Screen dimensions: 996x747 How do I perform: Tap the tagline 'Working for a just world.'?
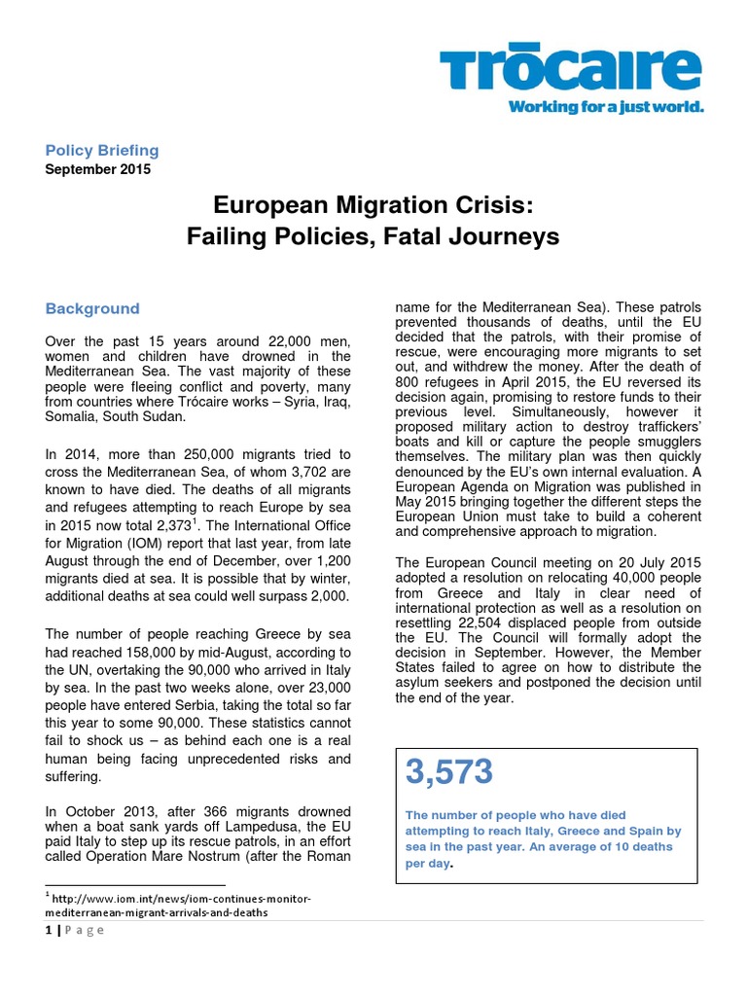tap(605, 107)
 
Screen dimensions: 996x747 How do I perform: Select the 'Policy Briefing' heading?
tap(102, 150)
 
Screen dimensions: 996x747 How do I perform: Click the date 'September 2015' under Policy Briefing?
tap(98, 168)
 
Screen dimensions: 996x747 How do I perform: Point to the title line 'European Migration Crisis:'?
tap(373, 205)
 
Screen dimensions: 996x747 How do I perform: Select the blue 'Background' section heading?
tap(92, 308)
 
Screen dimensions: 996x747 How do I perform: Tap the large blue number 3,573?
tap(449, 772)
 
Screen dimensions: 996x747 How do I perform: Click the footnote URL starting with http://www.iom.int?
tap(180, 905)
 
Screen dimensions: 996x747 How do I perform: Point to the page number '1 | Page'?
tap(74, 930)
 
